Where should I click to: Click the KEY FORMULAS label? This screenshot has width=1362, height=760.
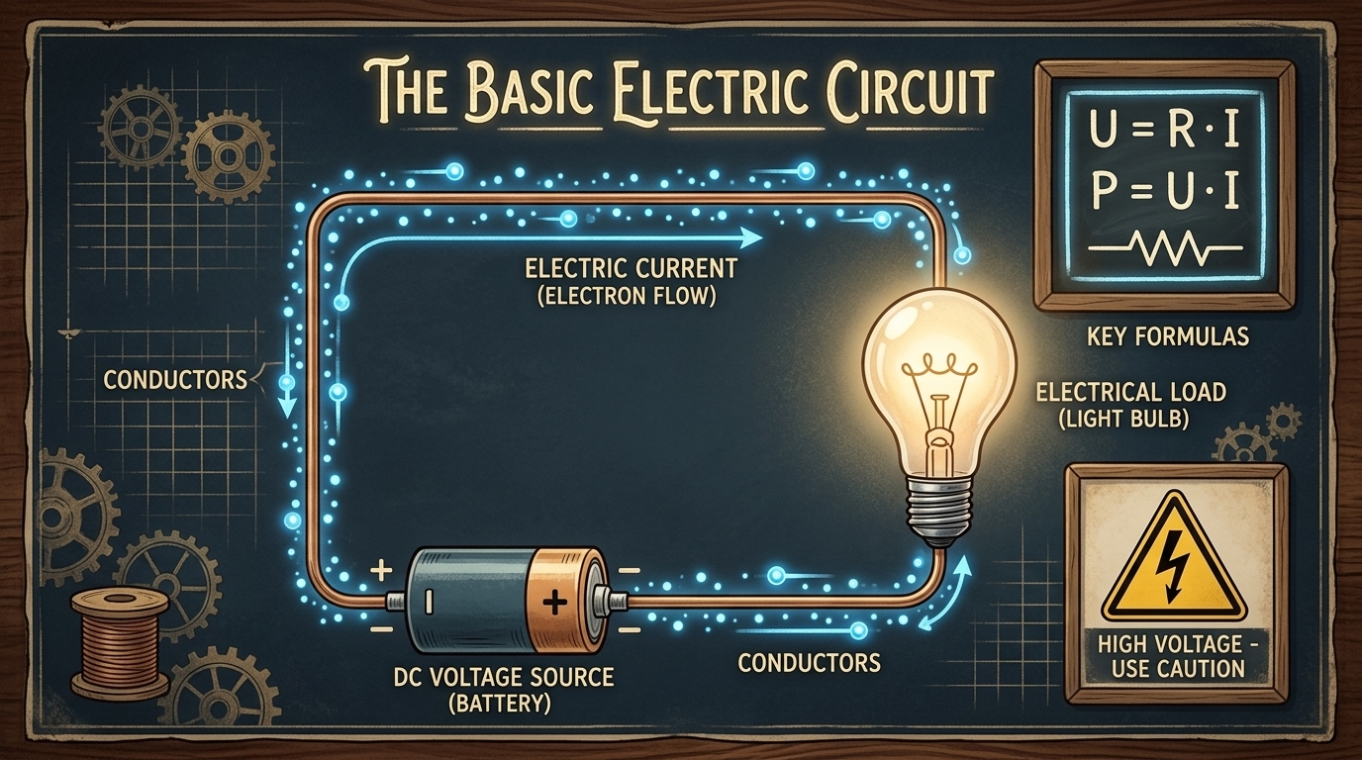point(1167,336)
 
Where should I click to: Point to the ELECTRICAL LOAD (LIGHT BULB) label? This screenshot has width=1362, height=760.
point(1131,405)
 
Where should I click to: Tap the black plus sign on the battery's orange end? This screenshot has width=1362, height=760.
point(554,603)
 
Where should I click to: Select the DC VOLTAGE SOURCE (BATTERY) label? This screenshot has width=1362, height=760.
point(502,690)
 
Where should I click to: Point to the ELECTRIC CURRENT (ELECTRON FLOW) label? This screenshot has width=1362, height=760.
point(631,281)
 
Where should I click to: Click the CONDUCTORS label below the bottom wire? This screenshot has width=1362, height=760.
point(809,662)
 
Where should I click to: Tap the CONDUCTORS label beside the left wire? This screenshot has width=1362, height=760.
point(175,380)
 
